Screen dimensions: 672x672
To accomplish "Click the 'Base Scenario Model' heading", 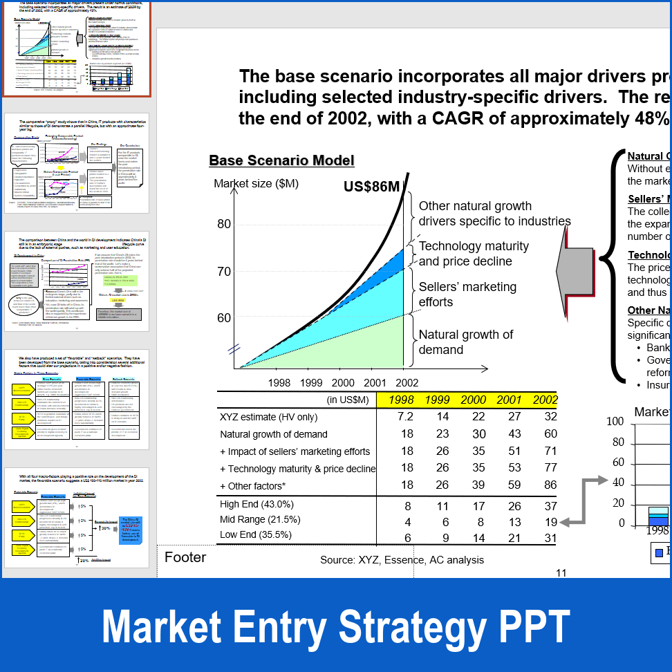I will click(x=281, y=160).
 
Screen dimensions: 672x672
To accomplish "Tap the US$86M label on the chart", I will click(x=371, y=187).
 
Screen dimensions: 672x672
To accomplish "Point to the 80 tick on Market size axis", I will click(x=224, y=224).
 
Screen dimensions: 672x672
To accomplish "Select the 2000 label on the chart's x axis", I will click(x=343, y=382).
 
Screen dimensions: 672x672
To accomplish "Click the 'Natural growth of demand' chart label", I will click(x=466, y=342).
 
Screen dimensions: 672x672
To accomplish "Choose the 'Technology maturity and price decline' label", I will click(x=474, y=254).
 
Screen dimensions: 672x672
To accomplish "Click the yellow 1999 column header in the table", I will click(x=437, y=400).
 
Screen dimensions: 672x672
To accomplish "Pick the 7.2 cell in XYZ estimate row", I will click(x=405, y=417).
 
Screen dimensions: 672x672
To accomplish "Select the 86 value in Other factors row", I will click(x=550, y=486).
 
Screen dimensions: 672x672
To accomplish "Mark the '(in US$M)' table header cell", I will click(x=348, y=400).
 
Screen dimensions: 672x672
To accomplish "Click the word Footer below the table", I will click(x=185, y=557).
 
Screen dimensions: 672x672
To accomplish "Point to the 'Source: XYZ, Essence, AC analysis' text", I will click(x=402, y=560).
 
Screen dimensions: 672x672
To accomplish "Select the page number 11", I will click(x=561, y=572).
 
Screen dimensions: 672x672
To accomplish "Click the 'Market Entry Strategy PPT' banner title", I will click(x=336, y=627).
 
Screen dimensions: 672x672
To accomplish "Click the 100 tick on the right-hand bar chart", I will click(x=615, y=422).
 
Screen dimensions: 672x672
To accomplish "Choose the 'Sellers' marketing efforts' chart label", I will click(x=467, y=295).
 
